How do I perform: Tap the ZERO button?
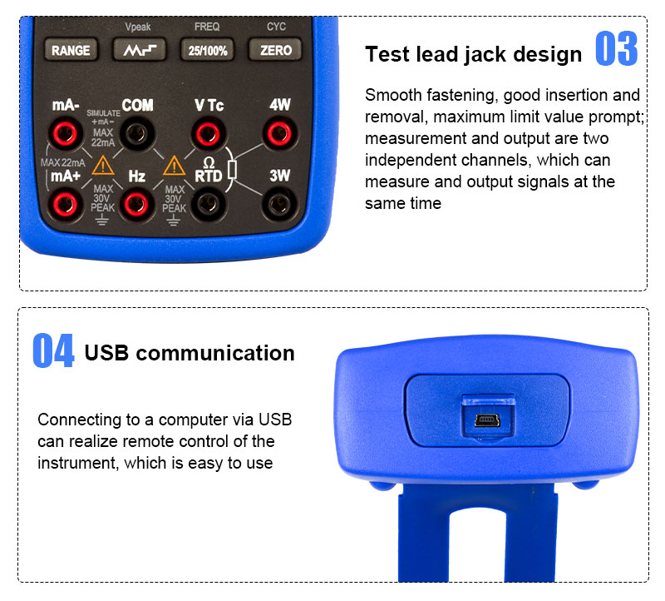coord(275,50)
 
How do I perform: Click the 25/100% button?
coord(207,50)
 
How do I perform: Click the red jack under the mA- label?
coord(65,134)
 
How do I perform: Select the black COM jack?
coord(136,134)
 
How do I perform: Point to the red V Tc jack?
coord(208,134)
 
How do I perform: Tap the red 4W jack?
coord(279,134)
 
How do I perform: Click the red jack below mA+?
coord(65,204)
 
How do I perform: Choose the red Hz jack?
coord(136,204)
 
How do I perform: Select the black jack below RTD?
coord(208,204)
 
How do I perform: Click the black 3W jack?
coord(279,204)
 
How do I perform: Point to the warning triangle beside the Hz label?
coord(174,166)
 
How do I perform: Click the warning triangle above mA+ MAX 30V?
coord(102,166)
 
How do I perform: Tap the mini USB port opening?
coord(487,420)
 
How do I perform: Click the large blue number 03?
coord(616,48)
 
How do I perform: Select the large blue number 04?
coord(53,350)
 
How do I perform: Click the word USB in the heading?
coord(106,353)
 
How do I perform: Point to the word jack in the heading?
coord(485,55)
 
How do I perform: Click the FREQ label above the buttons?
coord(207,27)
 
